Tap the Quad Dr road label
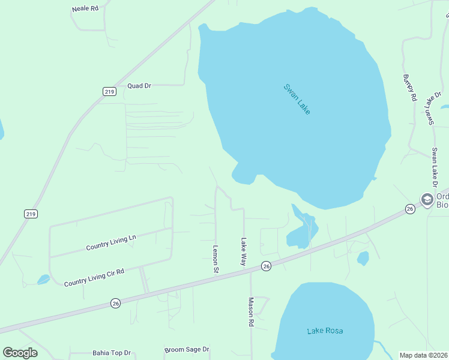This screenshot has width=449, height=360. coord(139,86)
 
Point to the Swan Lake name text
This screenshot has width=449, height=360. coord(297,99)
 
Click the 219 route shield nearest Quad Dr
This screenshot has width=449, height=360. coord(109,91)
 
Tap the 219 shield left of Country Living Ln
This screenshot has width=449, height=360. coord(31,214)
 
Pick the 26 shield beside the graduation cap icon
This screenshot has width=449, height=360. coord(410,209)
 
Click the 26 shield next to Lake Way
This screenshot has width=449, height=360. coord(266,266)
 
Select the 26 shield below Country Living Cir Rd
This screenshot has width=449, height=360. coord(115,304)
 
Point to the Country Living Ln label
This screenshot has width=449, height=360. coord(111,242)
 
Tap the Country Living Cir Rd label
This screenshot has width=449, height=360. coord(94,277)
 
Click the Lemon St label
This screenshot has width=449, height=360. coord(215,259)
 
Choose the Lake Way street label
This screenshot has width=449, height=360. coord(244,252)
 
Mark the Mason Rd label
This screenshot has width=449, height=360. coord(252,312)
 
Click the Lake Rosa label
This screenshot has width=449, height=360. coord(325,331)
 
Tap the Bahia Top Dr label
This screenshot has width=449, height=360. coord(112,353)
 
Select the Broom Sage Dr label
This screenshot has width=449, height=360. coord(187,349)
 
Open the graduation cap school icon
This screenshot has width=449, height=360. coord(427,199)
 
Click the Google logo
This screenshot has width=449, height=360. coord(20,353)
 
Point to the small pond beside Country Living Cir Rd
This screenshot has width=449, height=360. coord(43,279)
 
